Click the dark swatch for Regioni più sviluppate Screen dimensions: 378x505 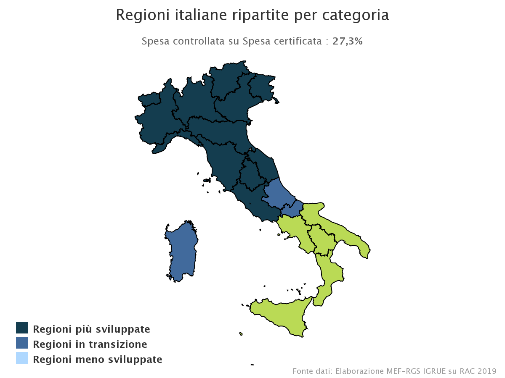[x=22, y=328]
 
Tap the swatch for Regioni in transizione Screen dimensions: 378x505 [x=22, y=343]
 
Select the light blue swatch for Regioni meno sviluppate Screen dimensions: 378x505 [x=22, y=358]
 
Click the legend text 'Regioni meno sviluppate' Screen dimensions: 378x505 [x=98, y=360]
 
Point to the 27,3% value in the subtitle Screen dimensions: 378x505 [x=348, y=41]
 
